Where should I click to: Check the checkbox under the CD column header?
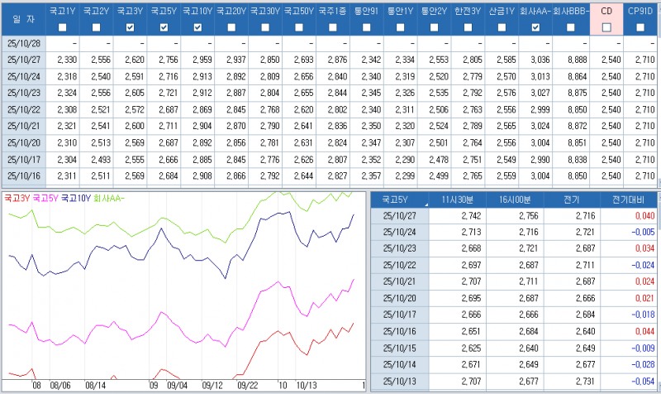(x=606, y=27)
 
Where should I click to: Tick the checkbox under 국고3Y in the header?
(x=129, y=27)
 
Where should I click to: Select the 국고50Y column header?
(x=297, y=12)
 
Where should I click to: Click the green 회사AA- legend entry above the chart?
(x=110, y=199)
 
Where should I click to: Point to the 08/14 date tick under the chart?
(x=95, y=386)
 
